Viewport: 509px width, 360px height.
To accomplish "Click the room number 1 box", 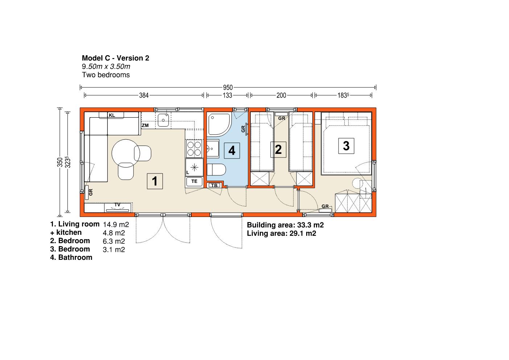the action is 155,181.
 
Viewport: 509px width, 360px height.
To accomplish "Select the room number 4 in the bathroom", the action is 232,151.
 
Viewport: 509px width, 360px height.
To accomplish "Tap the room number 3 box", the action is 346,146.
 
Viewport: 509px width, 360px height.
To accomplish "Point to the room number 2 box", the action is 278,150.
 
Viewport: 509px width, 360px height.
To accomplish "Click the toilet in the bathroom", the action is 216,169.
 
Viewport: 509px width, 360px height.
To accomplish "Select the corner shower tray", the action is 219,124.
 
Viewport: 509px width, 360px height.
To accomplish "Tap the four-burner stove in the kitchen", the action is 194,148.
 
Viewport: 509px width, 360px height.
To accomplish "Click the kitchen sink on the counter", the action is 163,120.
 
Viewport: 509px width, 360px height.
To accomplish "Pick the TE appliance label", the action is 194,181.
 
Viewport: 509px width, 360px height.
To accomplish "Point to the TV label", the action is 117,205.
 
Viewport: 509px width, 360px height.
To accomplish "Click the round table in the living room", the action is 126,154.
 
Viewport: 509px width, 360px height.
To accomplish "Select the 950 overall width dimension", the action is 228,87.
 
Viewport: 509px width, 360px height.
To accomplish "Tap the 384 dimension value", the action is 144,95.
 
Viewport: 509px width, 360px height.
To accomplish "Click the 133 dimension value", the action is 227,95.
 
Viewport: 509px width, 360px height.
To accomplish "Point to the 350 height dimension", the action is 60,162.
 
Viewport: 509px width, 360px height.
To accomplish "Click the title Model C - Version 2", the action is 115,58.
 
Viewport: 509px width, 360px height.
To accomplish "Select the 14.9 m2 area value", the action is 116,225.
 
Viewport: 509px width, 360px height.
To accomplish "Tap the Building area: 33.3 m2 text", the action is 285,225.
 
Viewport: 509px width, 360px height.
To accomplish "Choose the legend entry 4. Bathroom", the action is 71,257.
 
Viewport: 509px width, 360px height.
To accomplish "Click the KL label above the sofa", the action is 112,115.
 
